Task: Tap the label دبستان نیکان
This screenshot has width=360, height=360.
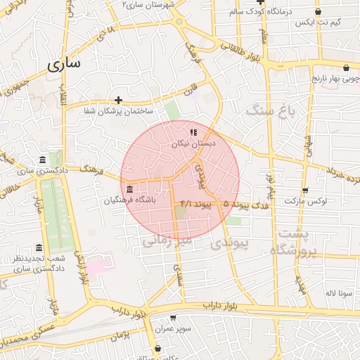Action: click(193, 143)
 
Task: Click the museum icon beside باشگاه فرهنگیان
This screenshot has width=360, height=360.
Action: click(130, 190)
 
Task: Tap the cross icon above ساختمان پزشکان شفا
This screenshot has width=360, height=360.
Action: click(118, 101)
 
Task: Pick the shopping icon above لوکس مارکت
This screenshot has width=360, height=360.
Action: click(305, 190)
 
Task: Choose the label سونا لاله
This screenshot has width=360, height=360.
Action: click(333, 292)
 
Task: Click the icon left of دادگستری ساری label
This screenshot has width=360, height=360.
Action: click(44, 160)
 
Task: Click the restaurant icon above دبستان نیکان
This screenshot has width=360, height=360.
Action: click(193, 131)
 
